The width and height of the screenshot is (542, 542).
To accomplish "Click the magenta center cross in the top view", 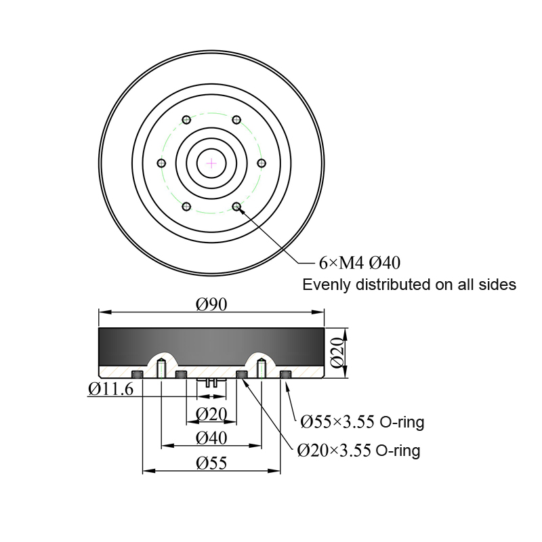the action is [x=211, y=163].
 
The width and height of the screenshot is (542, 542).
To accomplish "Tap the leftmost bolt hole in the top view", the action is [x=161, y=163].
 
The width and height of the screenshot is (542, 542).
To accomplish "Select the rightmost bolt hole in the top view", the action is [x=262, y=163].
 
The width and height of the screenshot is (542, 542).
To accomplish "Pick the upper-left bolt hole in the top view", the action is [x=186, y=120].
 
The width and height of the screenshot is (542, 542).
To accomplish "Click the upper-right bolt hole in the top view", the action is [x=236, y=120].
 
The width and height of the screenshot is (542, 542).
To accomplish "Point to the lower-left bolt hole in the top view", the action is [x=186, y=207].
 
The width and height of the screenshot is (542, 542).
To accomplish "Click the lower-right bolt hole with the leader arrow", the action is [x=236, y=207].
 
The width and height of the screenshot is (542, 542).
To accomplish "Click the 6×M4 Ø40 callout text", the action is [x=360, y=263].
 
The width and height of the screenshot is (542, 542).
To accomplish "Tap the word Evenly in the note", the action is [x=327, y=285].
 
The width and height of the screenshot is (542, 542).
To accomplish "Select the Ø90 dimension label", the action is [x=211, y=304].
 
